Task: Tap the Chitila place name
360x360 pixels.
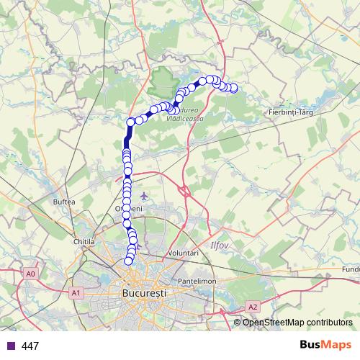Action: pos(84,242)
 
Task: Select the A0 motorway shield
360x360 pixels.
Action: pos(30,274)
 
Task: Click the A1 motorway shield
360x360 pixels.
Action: pos(75,293)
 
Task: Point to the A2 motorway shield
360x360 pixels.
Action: pos(253,307)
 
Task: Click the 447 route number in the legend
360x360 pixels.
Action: pos(30,346)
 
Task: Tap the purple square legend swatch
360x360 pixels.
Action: pos(11,346)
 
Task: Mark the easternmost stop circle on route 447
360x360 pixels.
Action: pos(233,88)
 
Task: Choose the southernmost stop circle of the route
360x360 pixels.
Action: pos(129,261)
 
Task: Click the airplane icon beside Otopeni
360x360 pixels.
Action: pos(146,196)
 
